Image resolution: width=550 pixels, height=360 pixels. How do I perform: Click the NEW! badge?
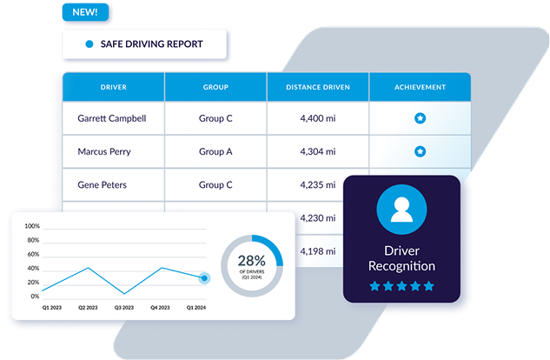click(x=85, y=12)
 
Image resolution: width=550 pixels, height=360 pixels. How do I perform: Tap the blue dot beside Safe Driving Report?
click(x=89, y=43)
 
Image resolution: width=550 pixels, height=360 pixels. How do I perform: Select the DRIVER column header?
click(x=113, y=87)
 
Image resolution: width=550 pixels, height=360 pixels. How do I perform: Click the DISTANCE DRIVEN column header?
click(x=318, y=87)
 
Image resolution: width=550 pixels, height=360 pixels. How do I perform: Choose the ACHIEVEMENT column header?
click(x=420, y=87)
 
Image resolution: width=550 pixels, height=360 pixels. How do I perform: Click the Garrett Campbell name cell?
click(x=112, y=118)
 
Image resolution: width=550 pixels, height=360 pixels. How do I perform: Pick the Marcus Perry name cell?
click(x=104, y=151)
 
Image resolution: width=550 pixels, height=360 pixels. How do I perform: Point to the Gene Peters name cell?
click(x=102, y=185)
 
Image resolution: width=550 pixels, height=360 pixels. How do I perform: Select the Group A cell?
click(x=215, y=151)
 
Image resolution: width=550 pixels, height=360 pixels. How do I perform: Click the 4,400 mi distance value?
click(x=318, y=118)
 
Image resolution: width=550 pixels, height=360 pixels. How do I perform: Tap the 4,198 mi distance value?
click(x=318, y=251)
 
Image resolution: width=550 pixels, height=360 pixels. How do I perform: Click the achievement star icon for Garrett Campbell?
click(x=421, y=118)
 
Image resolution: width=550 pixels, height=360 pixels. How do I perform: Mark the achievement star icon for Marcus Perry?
click(x=421, y=151)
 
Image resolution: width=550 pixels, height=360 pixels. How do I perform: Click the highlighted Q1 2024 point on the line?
click(x=204, y=278)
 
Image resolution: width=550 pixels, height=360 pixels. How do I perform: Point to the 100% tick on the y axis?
click(x=32, y=226)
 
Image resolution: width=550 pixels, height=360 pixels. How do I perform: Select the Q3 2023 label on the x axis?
click(x=124, y=308)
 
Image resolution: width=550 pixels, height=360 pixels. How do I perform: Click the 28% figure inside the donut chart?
click(x=251, y=261)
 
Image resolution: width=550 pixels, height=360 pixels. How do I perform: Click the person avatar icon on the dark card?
click(x=401, y=210)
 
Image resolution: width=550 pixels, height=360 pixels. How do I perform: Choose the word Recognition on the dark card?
click(x=401, y=266)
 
